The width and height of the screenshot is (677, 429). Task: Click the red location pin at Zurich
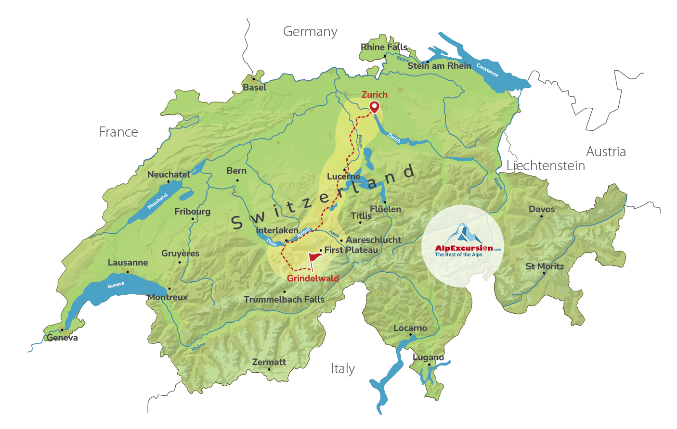[x=374, y=107]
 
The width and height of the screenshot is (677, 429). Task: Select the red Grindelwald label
[x=312, y=278]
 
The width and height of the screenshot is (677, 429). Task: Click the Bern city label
[x=236, y=171]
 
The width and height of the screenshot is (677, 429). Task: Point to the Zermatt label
[x=269, y=362]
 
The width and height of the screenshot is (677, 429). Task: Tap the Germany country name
[x=310, y=32]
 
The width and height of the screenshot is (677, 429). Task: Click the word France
[x=118, y=132]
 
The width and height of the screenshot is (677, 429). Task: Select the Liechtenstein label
[x=546, y=166]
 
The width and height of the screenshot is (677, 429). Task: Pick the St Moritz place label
[x=545, y=266]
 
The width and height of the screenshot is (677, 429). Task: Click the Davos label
[x=542, y=209]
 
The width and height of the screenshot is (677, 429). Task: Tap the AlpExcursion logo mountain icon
[x=463, y=233]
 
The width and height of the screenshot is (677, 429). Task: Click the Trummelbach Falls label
[x=284, y=300]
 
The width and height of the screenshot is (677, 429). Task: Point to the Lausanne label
[x=128, y=263]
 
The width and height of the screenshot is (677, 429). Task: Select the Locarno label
[x=410, y=328]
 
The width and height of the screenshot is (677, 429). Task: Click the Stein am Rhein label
[x=439, y=66]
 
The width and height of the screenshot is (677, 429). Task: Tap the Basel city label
[x=254, y=88]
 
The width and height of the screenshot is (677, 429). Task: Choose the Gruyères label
[x=180, y=253]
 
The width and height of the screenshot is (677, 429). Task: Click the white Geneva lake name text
[x=116, y=285]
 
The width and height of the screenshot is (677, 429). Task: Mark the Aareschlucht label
[x=373, y=240]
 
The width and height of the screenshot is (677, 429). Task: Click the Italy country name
[x=342, y=369]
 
